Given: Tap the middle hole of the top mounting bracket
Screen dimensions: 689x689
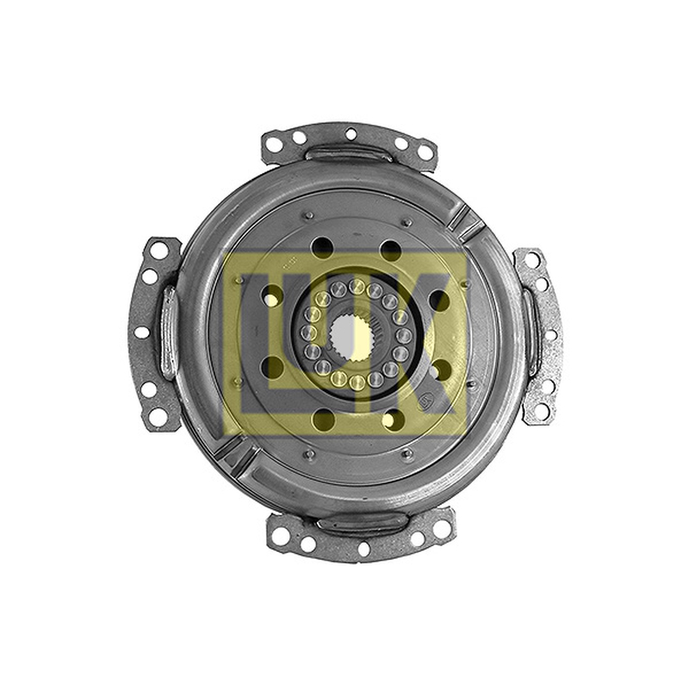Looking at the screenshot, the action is tap(351, 133).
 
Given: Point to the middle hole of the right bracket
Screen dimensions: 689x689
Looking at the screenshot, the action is tap(552, 336).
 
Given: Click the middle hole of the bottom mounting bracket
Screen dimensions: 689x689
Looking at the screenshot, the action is tap(363, 548).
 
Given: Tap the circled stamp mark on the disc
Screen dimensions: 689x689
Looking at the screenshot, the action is tap(425, 400).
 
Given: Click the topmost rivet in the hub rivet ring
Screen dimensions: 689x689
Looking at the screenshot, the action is tap(357, 286).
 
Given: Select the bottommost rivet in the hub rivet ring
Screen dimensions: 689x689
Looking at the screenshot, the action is tap(357, 382).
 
